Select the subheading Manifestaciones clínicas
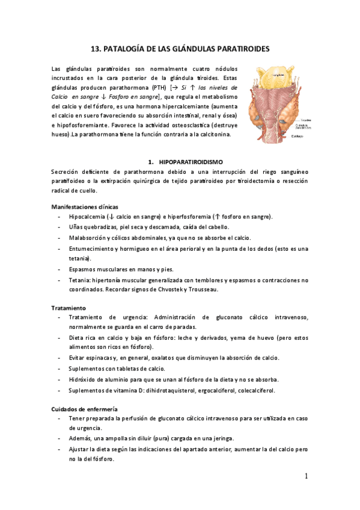(x=84, y=207)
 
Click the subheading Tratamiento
(x=69, y=308)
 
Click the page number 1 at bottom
(x=306, y=476)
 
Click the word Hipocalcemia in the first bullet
(x=87, y=217)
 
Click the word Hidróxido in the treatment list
(x=84, y=379)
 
